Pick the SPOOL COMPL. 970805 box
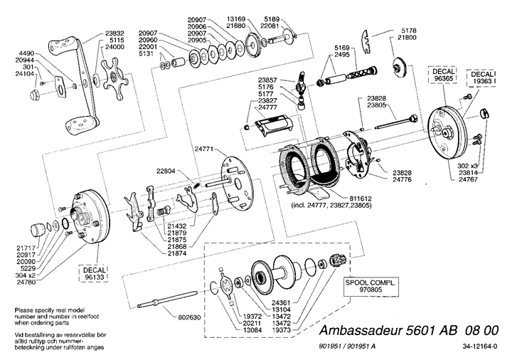click(369, 286)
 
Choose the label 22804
click(168, 171)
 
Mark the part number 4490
click(26, 54)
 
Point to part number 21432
click(176, 226)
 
